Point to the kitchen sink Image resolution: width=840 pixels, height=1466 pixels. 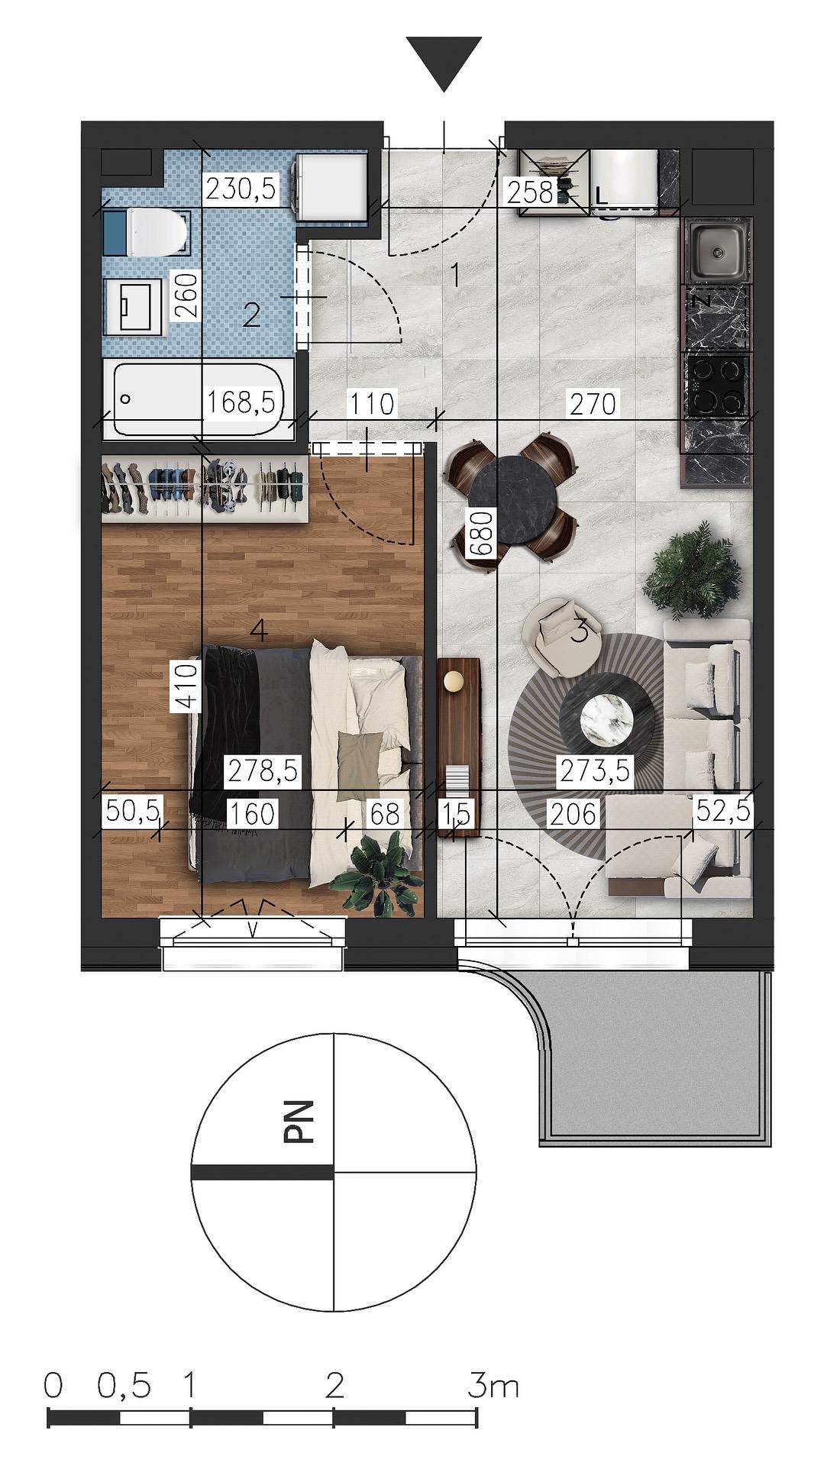click(718, 250)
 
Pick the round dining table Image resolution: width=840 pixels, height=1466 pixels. click(512, 501)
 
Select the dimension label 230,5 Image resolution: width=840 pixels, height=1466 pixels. click(241, 188)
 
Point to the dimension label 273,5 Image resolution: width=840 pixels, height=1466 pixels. click(595, 770)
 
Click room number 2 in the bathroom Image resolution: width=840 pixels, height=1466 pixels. click(251, 315)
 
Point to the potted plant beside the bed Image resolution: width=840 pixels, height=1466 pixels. click(377, 873)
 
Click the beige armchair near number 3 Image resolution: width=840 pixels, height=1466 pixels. click(564, 636)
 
